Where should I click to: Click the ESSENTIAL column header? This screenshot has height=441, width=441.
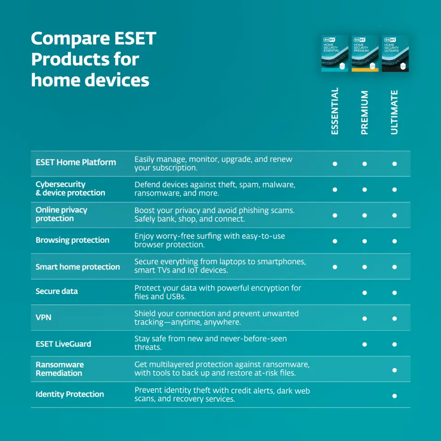335,111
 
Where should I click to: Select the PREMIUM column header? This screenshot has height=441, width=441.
364,113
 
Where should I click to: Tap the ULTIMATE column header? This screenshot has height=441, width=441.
394,112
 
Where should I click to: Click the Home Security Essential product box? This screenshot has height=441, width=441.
335,53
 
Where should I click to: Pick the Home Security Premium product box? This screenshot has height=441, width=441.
365,53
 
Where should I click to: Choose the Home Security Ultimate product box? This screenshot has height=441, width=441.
395,53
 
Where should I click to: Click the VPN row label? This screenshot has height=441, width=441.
43,317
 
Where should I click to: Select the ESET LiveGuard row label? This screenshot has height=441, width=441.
63,344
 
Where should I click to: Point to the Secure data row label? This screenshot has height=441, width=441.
57,291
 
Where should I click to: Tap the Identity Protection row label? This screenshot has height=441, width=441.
70,394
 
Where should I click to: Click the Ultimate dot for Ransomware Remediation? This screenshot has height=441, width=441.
395,370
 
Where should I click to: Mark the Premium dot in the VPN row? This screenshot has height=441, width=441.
364,319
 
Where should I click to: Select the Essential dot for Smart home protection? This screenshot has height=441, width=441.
335,267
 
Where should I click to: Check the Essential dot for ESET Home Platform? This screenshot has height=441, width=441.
335,164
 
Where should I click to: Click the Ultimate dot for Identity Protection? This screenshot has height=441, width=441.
395,396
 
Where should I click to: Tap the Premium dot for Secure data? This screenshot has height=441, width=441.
364,293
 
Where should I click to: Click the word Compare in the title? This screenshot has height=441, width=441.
70,39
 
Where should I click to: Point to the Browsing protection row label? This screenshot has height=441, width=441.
72,240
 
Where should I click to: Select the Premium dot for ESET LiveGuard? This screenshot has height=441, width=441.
364,344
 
